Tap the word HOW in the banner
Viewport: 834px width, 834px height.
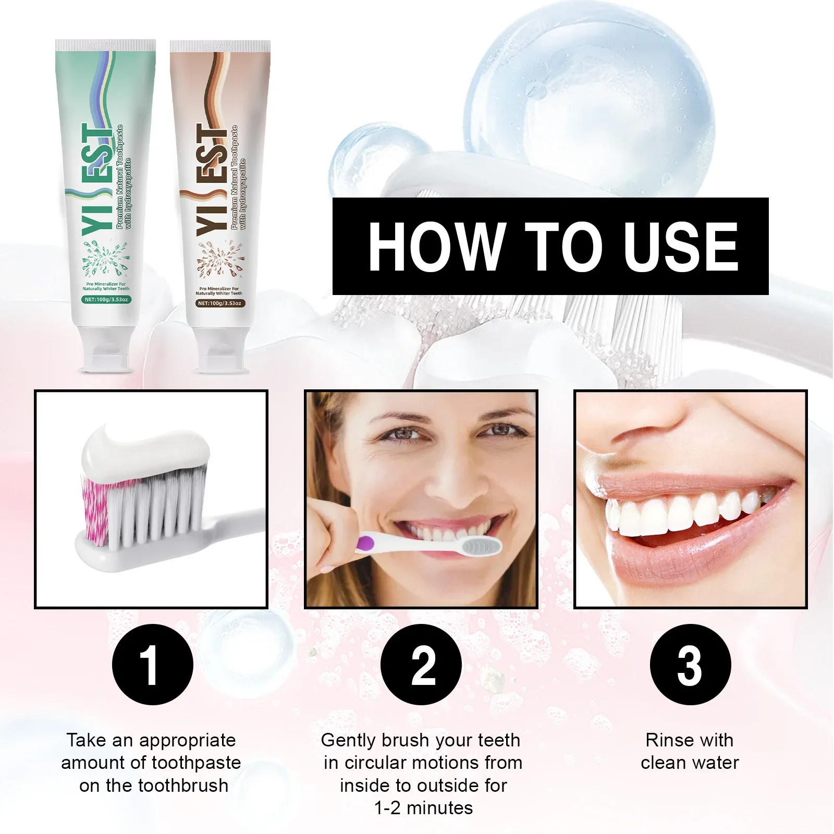436,246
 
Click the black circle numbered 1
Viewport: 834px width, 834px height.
152,665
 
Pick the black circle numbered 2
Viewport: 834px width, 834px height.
421,665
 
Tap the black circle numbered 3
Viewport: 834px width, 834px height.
690,665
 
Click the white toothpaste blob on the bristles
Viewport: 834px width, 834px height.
146,449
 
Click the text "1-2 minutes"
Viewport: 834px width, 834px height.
423,808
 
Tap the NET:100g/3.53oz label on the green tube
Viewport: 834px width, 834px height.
106,300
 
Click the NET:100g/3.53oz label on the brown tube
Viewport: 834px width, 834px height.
219,303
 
